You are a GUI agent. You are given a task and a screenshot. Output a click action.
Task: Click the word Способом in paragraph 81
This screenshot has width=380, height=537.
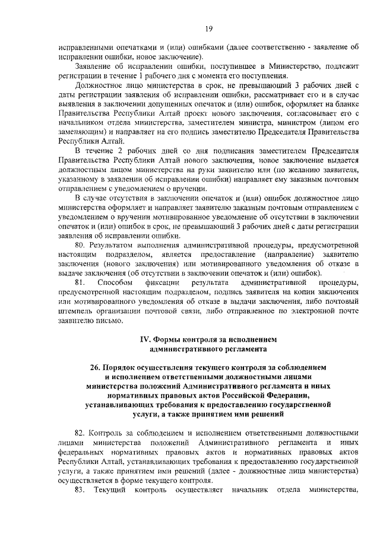pos(113,282)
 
